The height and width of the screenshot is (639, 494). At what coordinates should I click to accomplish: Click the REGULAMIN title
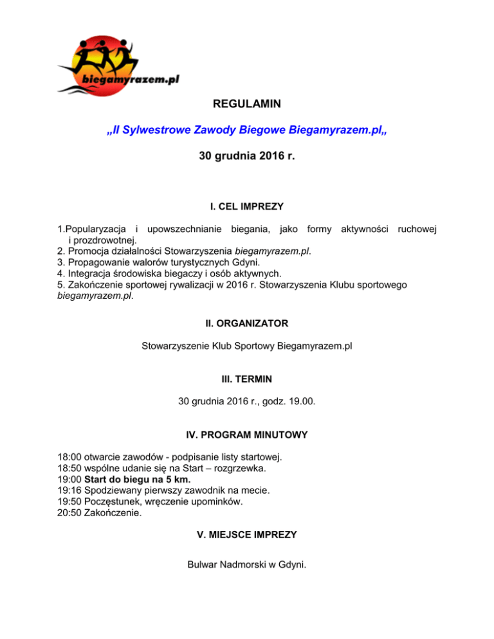[247, 103]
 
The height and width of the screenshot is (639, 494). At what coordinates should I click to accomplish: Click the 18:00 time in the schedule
[69, 457]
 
